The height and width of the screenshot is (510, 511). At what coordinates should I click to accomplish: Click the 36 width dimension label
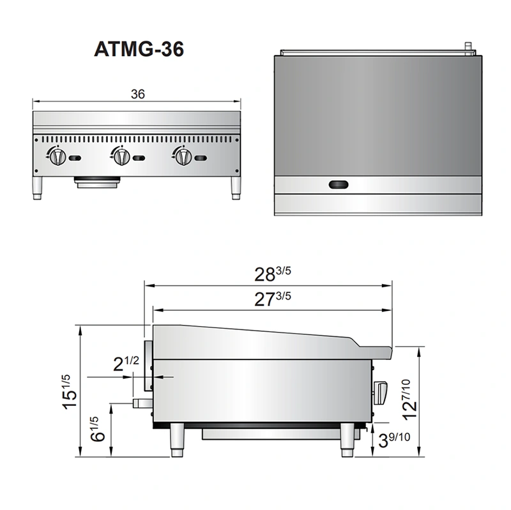tap(137, 94)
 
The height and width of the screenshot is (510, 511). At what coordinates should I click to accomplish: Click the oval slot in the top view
tap(339, 185)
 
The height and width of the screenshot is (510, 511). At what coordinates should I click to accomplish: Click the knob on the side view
tap(381, 390)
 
